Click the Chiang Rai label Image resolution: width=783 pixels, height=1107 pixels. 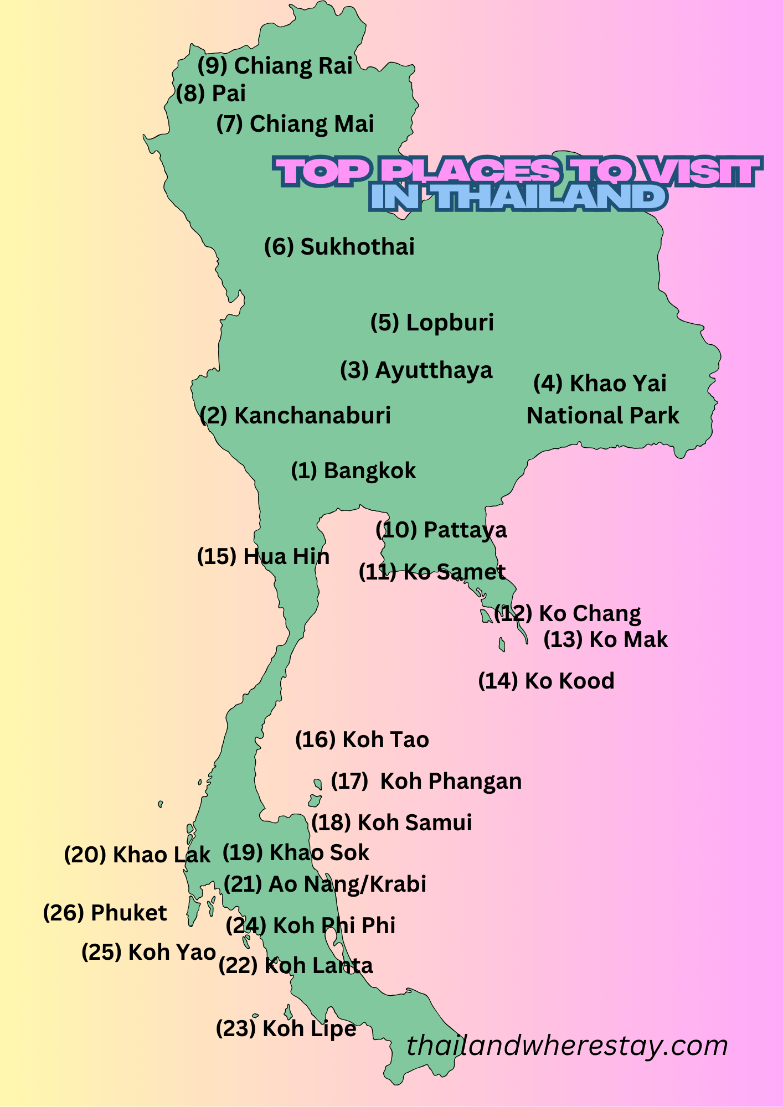tap(275, 66)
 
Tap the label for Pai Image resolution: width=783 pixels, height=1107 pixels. tap(211, 94)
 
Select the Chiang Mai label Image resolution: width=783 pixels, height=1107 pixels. tap(295, 124)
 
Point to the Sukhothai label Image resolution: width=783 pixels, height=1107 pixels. tap(339, 247)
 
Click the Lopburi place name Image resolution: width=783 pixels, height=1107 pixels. tap(432, 323)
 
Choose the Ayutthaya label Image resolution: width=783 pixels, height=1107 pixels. tap(416, 370)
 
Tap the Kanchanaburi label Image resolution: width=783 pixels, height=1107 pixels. tap(295, 416)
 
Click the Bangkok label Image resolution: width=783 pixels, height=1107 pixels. tap(353, 471)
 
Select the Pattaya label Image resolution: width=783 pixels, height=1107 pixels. tap(441, 530)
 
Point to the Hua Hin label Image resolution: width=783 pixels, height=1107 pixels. tap(263, 557)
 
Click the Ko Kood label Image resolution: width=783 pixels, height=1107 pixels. tap(546, 681)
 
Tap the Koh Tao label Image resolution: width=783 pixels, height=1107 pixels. tap(362, 740)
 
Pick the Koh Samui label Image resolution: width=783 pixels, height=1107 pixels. tap(391, 823)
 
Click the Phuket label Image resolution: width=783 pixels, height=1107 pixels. tap(105, 913)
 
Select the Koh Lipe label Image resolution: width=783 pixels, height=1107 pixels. tap(286, 1028)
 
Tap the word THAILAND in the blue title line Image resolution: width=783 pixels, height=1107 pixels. tap(549, 198)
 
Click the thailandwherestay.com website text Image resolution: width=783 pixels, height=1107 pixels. tap(566, 1046)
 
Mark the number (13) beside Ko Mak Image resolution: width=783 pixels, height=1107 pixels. tap(563, 640)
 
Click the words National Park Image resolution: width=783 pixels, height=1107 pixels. tap(602, 416)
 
